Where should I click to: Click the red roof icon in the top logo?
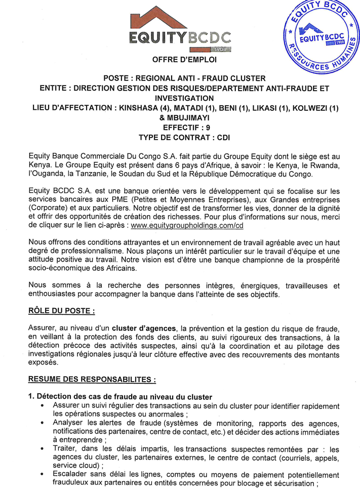[180, 18]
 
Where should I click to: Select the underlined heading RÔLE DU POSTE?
[61, 309]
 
